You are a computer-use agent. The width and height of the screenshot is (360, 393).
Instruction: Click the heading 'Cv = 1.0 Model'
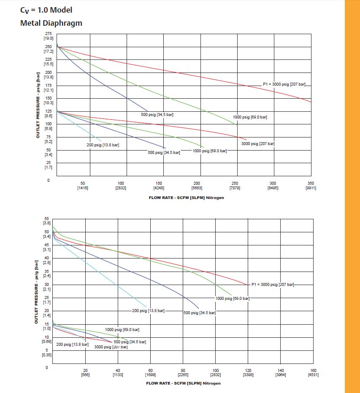coord(46,10)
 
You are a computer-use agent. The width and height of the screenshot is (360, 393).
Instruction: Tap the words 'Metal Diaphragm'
coord(51,23)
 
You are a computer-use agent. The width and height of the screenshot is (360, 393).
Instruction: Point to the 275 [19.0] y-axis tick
coord(49,36)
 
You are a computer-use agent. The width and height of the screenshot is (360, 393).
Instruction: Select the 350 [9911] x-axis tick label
coord(311,186)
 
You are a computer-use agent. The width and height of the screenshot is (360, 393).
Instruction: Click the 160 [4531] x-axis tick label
coord(313,372)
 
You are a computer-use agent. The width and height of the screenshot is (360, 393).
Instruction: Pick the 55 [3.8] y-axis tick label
coord(47,221)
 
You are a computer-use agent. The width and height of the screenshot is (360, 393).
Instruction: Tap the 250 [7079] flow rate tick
coord(235,186)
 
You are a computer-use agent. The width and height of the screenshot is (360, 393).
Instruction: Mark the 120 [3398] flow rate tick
coord(248,372)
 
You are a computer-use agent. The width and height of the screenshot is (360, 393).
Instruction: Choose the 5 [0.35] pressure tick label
coord(47,353)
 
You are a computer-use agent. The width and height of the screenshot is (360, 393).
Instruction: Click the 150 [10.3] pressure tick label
coord(49,100)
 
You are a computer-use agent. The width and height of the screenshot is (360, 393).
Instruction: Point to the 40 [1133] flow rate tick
coord(118,372)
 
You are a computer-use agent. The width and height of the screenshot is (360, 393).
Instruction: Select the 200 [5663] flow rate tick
coord(197,186)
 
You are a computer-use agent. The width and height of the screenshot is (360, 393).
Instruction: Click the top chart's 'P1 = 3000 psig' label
coord(284,84)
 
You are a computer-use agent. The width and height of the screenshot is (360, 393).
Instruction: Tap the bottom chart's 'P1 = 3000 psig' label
coord(273,285)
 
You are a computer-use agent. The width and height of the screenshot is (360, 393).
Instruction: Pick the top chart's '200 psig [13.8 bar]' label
coord(103,145)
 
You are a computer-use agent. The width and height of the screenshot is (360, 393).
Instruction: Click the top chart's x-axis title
coord(186,198)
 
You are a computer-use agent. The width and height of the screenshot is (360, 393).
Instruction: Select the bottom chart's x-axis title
coord(183,383)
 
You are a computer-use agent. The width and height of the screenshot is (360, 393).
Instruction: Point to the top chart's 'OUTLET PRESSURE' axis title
coord(38,105)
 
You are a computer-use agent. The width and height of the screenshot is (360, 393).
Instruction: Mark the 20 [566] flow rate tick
coord(85,372)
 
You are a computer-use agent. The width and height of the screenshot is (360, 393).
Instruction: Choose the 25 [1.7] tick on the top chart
coord(49,165)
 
